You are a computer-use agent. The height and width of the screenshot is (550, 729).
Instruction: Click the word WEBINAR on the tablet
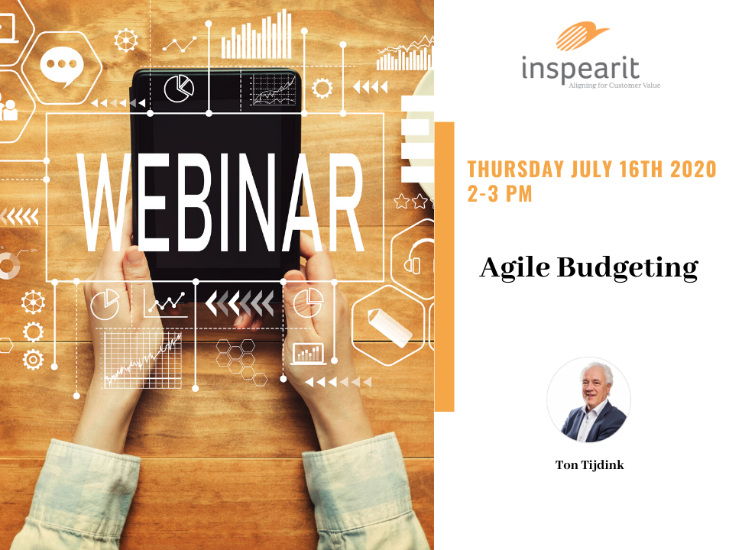point(221,202)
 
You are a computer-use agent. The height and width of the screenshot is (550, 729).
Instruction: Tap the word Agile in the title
point(515,268)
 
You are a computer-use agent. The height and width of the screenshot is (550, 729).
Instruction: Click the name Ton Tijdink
point(589,465)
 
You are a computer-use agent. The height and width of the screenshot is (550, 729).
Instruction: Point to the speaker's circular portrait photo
point(588,400)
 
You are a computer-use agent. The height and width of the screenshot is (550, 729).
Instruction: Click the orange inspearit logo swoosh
point(582,35)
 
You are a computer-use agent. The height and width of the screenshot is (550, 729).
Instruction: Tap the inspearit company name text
point(581,69)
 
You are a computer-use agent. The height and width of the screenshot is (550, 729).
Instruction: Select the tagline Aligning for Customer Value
point(614,86)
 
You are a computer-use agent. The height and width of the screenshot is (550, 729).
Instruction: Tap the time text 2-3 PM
point(500,193)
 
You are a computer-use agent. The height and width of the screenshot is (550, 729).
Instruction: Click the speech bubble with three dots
point(61,66)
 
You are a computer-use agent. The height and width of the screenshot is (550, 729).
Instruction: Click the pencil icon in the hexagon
point(389,327)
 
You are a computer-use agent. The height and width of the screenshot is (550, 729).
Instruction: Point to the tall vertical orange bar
point(444,267)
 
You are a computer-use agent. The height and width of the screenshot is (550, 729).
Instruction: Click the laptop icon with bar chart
point(308,354)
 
